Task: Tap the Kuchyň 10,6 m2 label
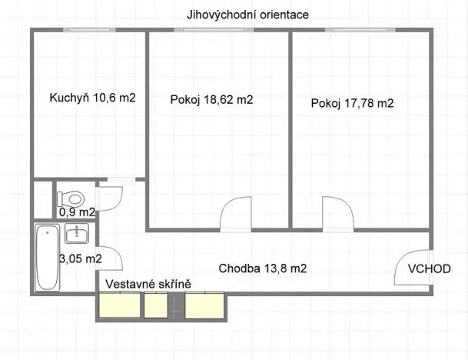point(92,98)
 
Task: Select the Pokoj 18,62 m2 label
point(211,99)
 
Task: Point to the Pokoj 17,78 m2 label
point(353,103)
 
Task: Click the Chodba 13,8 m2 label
point(263,268)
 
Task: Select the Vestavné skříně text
point(148,284)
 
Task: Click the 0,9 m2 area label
point(77,212)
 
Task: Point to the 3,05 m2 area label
point(81,259)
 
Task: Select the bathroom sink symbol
point(77,234)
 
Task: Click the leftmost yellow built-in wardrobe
point(118,306)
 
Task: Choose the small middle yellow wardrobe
point(157,306)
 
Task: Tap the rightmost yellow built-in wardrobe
point(204,306)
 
